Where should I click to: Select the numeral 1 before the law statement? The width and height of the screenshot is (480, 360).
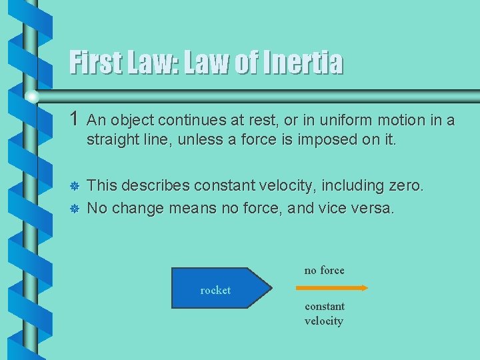point(75,120)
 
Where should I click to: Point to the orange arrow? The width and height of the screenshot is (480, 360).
point(331,287)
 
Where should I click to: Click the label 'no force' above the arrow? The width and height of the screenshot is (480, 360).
point(325,270)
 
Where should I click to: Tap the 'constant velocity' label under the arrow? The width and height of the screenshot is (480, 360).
point(325,313)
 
